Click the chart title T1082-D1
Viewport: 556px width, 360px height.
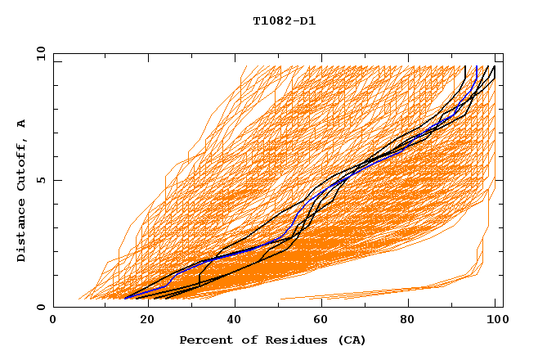[284, 20]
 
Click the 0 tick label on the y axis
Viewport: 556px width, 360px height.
[40, 308]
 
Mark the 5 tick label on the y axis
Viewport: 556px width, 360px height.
[40, 180]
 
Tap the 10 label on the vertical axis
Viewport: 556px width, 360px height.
[38, 53]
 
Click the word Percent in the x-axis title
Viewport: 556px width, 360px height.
[204, 340]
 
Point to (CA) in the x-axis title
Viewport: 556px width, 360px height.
[350, 340]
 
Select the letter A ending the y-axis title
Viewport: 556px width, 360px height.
[22, 123]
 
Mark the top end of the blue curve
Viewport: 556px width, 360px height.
[477, 67]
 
